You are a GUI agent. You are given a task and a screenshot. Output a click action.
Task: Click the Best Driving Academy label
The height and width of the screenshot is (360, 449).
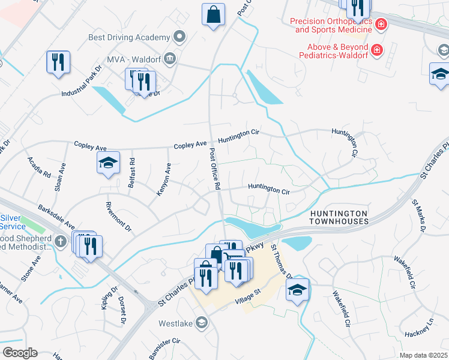click(x=130, y=37)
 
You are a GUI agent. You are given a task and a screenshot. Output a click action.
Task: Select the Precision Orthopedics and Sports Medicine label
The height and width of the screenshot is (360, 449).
click(x=331, y=25)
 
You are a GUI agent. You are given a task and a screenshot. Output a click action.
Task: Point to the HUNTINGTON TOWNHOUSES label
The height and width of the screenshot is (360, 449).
click(x=339, y=217)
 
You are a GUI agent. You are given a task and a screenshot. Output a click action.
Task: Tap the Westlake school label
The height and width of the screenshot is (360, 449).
click(x=175, y=323)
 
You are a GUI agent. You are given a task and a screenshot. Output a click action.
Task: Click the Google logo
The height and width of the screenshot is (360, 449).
click(x=20, y=353)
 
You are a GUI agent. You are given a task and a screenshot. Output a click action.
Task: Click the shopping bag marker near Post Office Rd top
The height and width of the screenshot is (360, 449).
click(x=214, y=15)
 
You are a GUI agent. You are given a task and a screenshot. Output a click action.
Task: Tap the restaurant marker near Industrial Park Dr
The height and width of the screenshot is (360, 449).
click(x=58, y=62)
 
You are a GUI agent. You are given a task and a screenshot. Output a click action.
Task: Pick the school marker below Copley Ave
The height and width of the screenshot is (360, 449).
click(x=109, y=163)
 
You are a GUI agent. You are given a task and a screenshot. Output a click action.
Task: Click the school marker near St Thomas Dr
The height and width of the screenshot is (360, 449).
click(x=297, y=290)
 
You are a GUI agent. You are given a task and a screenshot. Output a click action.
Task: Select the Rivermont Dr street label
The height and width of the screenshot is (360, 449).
click(x=118, y=219)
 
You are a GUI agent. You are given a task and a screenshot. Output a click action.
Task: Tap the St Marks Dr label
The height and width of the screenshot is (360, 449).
click(x=418, y=217)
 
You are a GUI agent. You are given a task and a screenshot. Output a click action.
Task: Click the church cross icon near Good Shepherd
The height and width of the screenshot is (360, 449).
click(x=59, y=241)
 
